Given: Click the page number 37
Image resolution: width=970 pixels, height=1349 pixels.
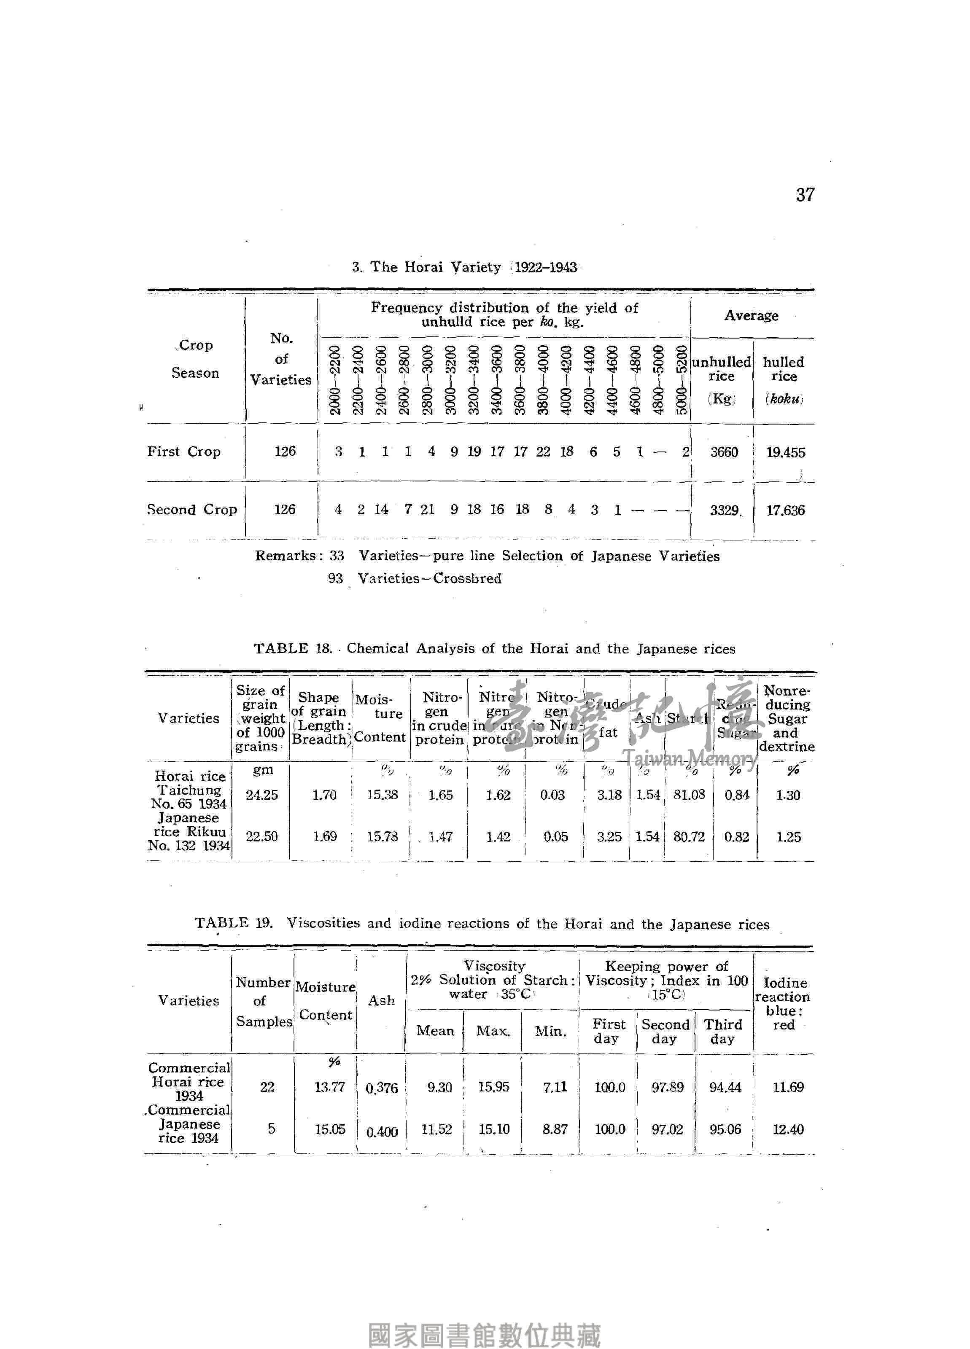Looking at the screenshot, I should click(x=805, y=194).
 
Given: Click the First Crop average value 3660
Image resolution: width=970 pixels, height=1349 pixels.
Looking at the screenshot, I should click(x=724, y=452).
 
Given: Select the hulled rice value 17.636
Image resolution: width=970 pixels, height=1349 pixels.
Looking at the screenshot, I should click(x=785, y=511).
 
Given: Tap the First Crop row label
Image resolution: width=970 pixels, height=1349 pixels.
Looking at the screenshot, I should click(x=184, y=452).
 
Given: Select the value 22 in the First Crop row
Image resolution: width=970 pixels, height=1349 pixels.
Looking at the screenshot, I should click(x=543, y=452).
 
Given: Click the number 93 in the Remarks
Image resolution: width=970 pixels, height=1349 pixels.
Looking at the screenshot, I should click(x=336, y=578).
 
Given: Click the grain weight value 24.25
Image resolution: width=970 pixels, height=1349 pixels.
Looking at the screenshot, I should click(x=262, y=795).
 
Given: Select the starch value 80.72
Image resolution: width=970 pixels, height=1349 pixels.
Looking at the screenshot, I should click(x=689, y=837).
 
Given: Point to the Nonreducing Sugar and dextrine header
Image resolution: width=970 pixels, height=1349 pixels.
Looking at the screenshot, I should click(x=787, y=718).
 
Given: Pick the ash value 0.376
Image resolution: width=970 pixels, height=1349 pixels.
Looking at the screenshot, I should click(x=381, y=1088).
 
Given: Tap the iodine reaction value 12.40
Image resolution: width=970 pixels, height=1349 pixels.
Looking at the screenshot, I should click(x=788, y=1129).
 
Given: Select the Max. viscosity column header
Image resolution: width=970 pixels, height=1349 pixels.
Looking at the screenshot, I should click(x=493, y=1031).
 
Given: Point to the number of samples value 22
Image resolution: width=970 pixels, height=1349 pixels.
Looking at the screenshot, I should click(x=267, y=1087).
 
